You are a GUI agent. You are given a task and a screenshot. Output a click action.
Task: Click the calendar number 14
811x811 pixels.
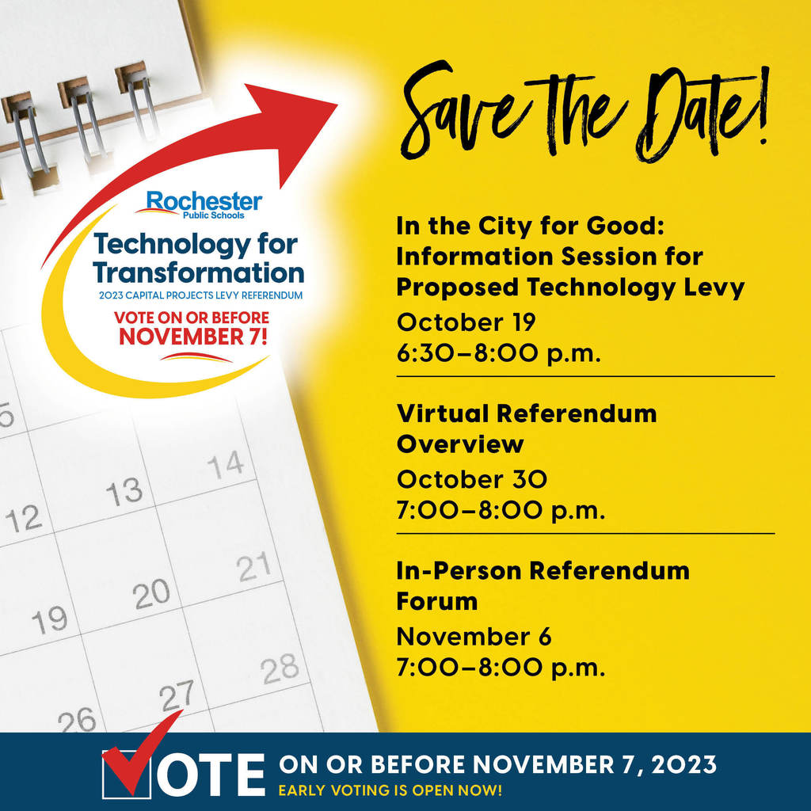[226, 463]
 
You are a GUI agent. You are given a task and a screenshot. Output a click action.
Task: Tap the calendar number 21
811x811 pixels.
[254, 565]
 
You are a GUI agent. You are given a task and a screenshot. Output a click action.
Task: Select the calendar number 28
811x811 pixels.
[280, 668]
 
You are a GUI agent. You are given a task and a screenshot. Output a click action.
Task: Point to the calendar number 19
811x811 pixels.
[50, 619]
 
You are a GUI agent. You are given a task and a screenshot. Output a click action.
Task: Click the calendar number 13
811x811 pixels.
[124, 491]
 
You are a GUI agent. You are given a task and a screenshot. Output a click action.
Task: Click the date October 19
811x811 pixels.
[466, 322]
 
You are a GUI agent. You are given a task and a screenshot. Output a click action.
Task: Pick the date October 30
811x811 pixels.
[472, 479]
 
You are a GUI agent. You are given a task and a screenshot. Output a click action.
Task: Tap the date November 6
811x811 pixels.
[474, 637]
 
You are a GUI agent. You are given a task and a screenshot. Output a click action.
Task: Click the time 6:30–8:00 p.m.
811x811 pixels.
[499, 354]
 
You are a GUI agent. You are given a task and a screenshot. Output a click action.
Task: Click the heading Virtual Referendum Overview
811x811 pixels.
[527, 428]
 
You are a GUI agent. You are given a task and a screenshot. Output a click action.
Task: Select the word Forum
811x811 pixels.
[437, 602]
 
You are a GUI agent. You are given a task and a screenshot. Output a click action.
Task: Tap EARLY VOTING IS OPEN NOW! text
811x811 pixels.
[390, 790]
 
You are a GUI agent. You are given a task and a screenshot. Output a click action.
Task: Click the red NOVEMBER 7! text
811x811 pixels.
[193, 336]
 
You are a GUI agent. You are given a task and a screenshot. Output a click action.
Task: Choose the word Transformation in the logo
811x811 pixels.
[199, 272]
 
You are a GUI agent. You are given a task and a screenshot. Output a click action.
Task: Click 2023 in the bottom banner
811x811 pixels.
[683, 764]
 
